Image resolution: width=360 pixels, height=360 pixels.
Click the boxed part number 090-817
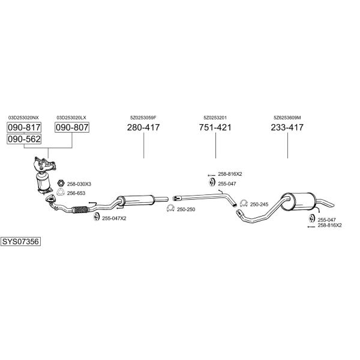tap(24, 127)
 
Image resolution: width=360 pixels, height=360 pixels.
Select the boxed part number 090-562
tap(24, 139)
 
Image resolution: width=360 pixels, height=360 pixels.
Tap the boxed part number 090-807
tap(72, 127)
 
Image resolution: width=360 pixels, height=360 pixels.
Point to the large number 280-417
tap(143, 127)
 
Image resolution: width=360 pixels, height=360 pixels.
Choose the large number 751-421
tap(215, 127)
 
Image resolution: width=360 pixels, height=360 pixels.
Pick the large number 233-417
tap(287, 127)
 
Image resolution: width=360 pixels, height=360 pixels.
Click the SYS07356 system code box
tap(20, 242)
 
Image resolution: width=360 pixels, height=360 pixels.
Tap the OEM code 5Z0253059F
tap(143, 118)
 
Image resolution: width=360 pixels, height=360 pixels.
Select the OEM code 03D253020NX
tap(23, 118)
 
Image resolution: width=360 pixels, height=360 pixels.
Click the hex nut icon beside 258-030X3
tap(61, 183)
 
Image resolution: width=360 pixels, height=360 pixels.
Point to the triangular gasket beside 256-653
tap(61, 192)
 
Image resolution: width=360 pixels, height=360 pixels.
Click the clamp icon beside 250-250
tap(170, 208)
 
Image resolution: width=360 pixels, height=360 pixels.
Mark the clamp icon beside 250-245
tap(244, 203)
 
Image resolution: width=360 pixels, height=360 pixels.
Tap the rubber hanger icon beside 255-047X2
tap(96, 217)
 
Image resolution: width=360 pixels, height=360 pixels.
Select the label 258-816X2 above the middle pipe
tap(230, 174)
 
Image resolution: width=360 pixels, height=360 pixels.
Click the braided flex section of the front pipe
tap(80, 210)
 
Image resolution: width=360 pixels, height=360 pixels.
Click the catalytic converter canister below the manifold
tap(43, 181)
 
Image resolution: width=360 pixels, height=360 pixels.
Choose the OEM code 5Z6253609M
tap(287, 118)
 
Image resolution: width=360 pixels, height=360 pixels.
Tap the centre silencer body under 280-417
tap(136, 200)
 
